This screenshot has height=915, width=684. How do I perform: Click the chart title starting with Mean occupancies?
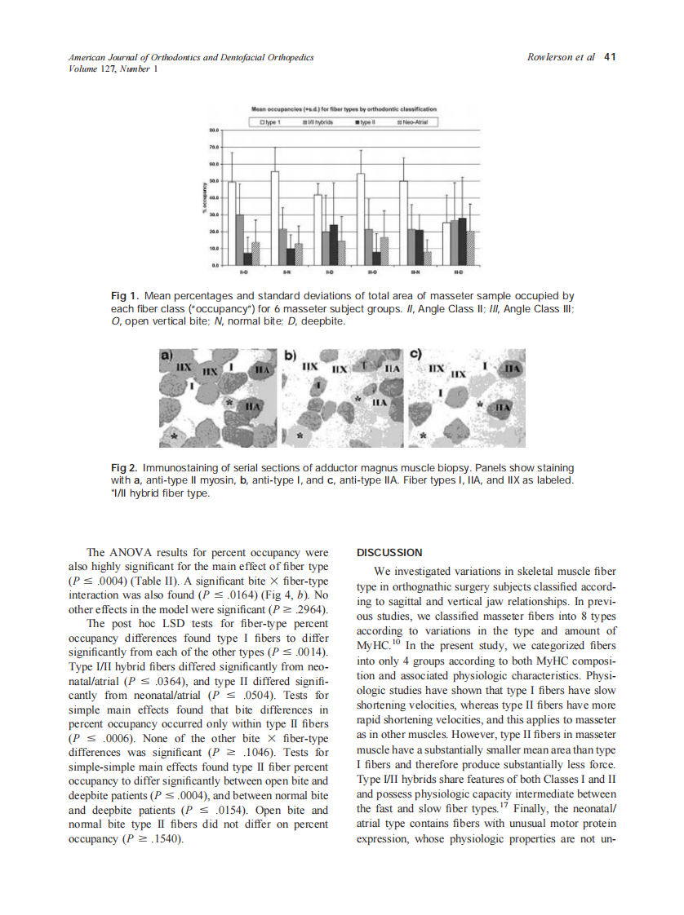[343, 108]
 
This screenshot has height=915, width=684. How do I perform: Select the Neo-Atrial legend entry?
[411, 122]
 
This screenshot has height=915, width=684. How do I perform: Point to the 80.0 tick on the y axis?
[214, 130]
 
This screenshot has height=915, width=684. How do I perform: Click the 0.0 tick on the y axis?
[215, 266]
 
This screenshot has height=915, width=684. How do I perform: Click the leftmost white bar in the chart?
[232, 223]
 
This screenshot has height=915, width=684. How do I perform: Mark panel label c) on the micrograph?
[415, 356]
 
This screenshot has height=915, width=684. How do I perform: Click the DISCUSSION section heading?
[390, 552]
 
